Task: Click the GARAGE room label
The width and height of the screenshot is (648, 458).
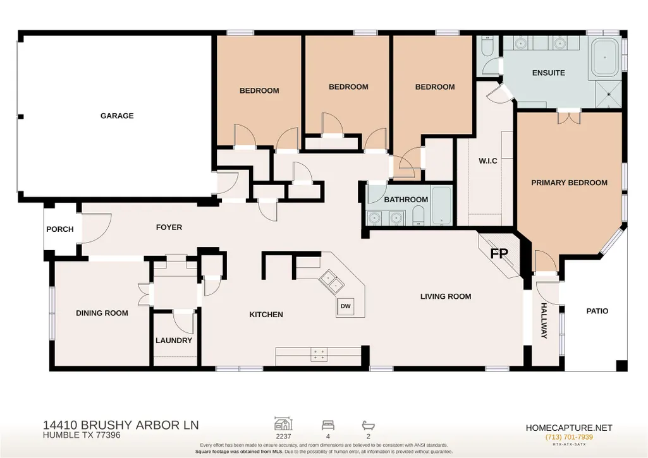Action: click(x=117, y=116)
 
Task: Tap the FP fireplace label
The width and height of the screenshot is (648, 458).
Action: click(x=499, y=253)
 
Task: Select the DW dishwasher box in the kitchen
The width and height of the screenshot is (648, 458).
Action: click(x=346, y=306)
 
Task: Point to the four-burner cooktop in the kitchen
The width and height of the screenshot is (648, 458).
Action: click(x=319, y=354)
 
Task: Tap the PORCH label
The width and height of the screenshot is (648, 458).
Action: click(x=60, y=229)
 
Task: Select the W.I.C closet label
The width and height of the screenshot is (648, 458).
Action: click(x=488, y=160)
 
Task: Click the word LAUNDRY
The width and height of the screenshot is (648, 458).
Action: click(x=174, y=340)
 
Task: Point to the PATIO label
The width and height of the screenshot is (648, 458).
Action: click(x=597, y=311)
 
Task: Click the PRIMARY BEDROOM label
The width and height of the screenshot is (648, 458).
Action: click(x=569, y=183)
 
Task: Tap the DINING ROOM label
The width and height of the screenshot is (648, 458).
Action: click(x=102, y=313)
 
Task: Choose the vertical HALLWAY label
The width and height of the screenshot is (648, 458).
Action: click(x=544, y=320)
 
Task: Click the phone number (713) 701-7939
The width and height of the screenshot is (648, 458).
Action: click(x=569, y=437)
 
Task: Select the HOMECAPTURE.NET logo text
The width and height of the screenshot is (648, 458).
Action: click(x=569, y=428)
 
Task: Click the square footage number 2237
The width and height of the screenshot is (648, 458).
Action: click(x=283, y=436)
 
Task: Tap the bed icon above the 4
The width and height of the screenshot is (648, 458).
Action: click(x=328, y=425)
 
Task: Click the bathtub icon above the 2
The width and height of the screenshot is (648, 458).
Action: click(x=368, y=425)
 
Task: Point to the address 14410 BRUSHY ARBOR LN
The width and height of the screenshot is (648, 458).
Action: click(x=121, y=425)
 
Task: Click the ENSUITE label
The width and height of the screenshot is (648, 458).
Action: click(x=548, y=73)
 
